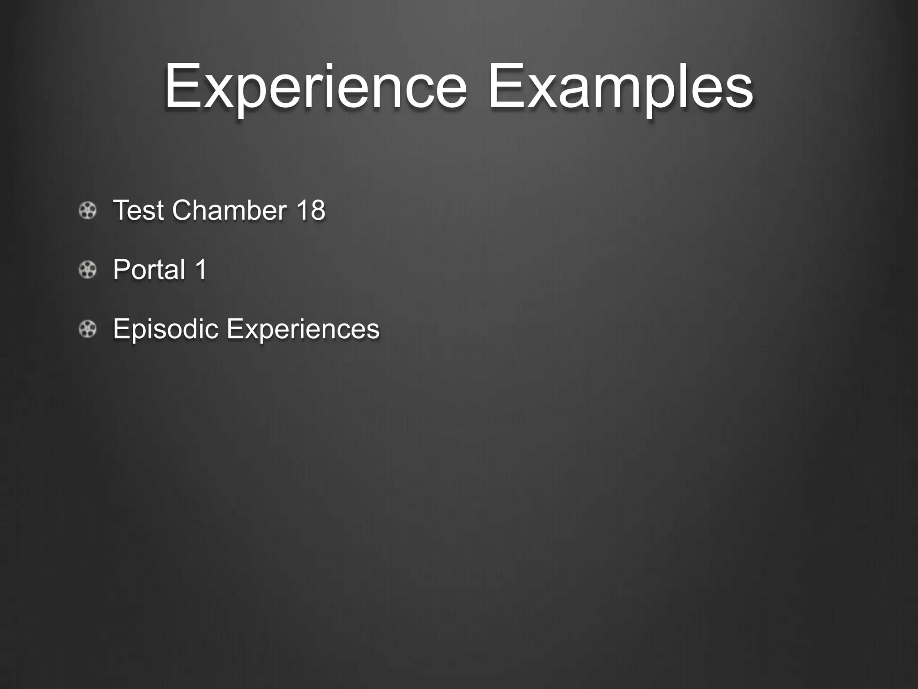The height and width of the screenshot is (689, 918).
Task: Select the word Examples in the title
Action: coord(621,87)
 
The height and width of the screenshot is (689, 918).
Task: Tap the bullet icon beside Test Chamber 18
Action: coord(87,210)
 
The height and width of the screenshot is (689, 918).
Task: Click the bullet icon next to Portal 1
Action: coord(87,270)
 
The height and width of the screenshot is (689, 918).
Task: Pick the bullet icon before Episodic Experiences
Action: coord(87,329)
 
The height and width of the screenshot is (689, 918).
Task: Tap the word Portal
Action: coord(149,269)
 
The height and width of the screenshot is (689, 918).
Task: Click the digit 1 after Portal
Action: coord(201,269)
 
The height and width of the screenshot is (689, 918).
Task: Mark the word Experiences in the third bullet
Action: coord(303,329)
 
